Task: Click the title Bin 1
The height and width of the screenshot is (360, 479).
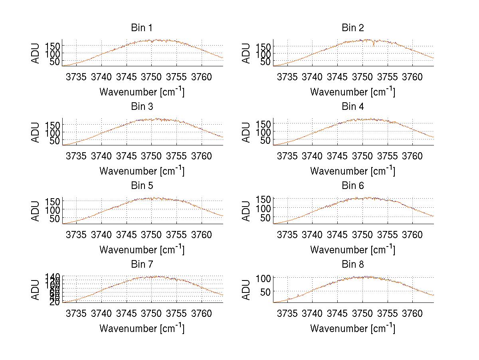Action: pyautogui.click(x=141, y=28)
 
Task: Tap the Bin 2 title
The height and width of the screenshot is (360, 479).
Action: pyautogui.click(x=352, y=28)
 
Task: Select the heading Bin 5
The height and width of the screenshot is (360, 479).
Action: pyautogui.click(x=141, y=186)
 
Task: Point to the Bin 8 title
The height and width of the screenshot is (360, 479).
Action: pyautogui.click(x=352, y=265)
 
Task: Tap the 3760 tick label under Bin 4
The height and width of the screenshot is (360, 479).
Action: pyautogui.click(x=412, y=155)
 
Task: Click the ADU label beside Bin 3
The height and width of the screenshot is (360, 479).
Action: pyautogui.click(x=36, y=132)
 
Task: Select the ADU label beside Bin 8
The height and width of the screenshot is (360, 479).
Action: pyautogui.click(x=247, y=290)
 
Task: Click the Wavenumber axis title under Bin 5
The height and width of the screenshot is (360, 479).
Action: pyautogui.click(x=142, y=250)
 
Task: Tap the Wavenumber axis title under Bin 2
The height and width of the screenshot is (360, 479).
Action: pyautogui.click(x=352, y=92)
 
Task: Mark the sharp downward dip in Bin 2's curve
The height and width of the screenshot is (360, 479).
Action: pyautogui.click(x=374, y=45)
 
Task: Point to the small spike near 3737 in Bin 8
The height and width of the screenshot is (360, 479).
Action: pyautogui.click(x=298, y=296)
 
